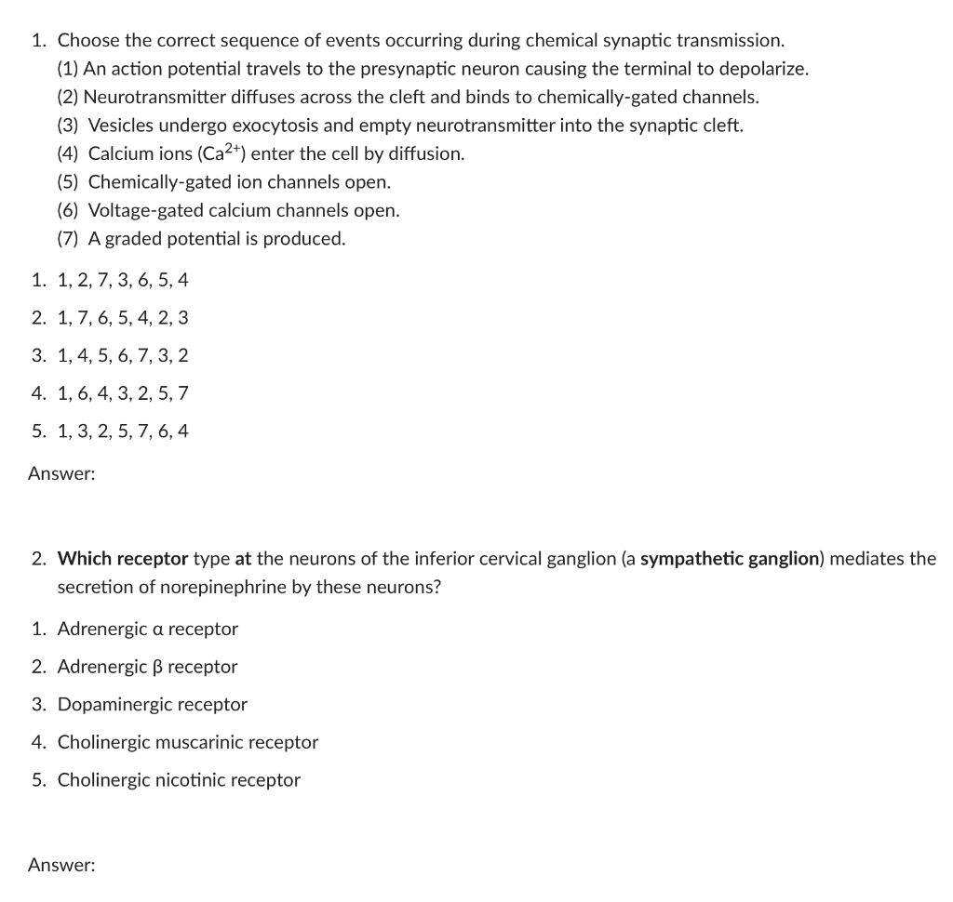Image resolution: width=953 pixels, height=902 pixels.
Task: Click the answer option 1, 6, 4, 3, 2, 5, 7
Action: (x=123, y=393)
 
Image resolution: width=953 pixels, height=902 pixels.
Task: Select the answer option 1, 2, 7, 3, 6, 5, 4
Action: (x=123, y=280)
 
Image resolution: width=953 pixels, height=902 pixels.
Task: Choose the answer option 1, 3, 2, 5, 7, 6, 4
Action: (x=123, y=431)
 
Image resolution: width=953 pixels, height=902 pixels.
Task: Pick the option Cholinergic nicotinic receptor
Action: (x=179, y=780)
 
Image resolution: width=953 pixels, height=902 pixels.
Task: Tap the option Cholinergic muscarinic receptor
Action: (x=187, y=742)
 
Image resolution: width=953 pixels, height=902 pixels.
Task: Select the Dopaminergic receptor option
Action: (x=153, y=704)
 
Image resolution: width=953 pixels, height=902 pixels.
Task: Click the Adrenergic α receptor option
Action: (x=148, y=629)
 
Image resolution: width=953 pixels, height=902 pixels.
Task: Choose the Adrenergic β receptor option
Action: (x=147, y=667)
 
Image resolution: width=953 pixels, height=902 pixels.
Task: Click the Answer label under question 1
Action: (x=61, y=474)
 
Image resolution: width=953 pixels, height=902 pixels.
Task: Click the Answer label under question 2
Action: (x=61, y=866)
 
